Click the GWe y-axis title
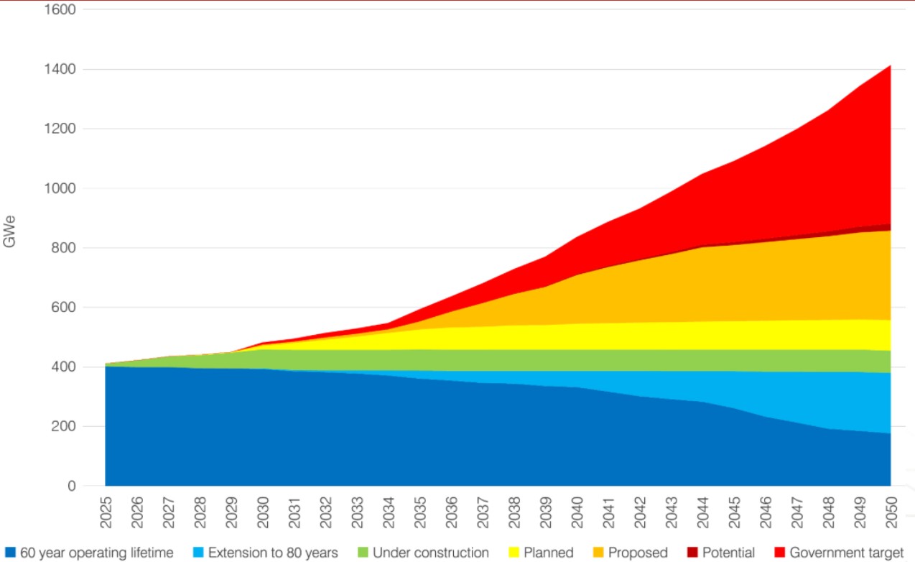pos(10,231)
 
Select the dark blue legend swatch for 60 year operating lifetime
pos(9,553)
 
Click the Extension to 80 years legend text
pos(273,553)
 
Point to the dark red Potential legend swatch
pos(692,553)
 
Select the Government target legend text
pos(845,553)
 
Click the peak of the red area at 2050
pos(891,66)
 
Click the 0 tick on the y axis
pos(72,487)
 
